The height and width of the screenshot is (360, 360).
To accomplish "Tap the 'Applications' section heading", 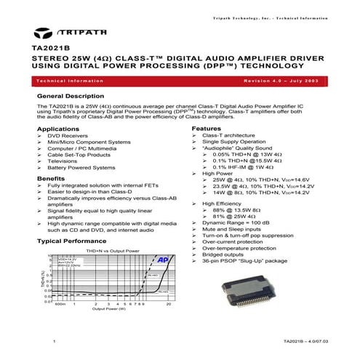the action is pos(57,128).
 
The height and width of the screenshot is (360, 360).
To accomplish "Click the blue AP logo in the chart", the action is pos(163,260).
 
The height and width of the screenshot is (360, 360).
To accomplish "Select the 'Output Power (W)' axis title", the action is pos(108,309).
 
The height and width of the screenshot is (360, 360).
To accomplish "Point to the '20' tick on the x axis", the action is pos(168,304).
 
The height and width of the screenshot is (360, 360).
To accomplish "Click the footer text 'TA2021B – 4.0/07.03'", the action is pos(300,340).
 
